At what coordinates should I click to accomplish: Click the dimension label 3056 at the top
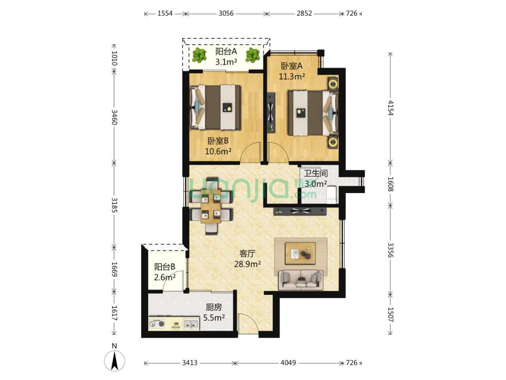coord(226,13)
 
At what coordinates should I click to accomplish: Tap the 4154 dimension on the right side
coord(391,108)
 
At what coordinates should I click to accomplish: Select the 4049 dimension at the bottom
coord(288,363)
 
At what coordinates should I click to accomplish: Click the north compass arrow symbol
coord(115,361)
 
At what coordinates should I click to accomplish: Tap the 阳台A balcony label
coord(226,51)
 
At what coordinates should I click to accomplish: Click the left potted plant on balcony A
coord(199,55)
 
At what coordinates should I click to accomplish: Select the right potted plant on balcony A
coord(253,55)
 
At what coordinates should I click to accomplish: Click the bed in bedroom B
coord(215,107)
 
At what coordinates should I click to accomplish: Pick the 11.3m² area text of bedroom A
coord(292,76)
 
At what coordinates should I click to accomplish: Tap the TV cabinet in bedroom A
coord(271,112)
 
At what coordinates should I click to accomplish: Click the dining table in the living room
coord(211,206)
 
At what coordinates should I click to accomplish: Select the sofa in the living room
coord(300,280)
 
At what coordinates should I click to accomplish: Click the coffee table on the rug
coord(300,253)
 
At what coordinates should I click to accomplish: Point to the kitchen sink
coord(191,323)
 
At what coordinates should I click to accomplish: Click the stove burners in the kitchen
coord(157,324)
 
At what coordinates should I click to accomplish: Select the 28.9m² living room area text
coord(247,264)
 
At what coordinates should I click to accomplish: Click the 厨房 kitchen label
coord(214,307)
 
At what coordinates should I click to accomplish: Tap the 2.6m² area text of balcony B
coord(164,277)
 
